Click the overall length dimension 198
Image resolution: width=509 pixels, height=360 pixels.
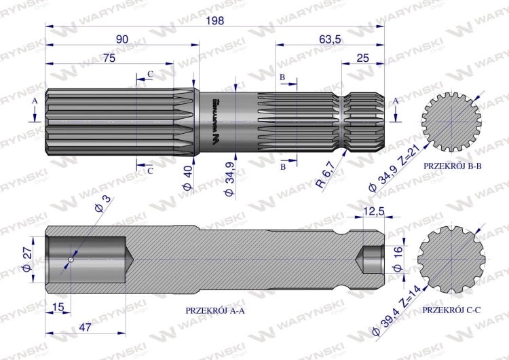point(215,20)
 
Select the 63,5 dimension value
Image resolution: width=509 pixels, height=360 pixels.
point(330,39)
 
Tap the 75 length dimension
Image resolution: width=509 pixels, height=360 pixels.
point(109,58)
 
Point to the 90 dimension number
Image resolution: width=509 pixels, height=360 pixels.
point(122,39)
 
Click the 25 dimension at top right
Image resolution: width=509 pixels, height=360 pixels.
point(362,58)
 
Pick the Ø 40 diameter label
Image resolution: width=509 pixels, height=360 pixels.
point(187,178)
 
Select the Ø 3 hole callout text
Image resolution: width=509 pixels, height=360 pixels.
point(103,204)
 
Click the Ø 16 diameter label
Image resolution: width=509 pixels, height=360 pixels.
point(397,259)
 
